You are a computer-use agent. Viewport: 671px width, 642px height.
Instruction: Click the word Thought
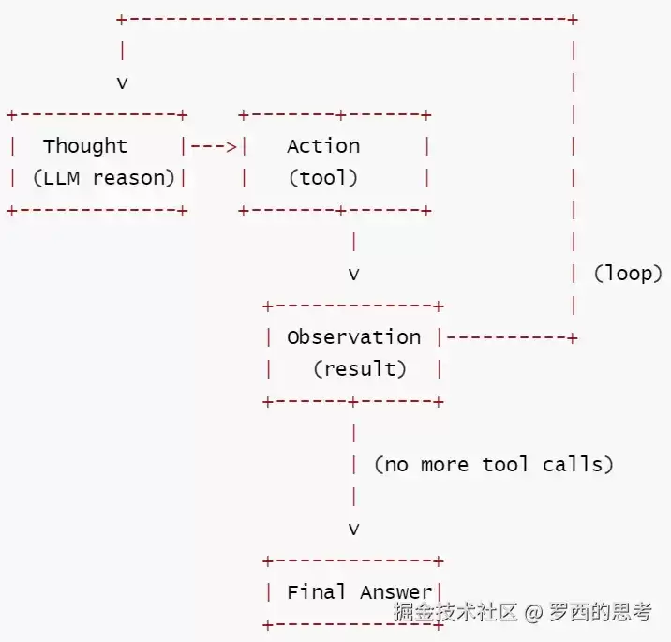[85, 146]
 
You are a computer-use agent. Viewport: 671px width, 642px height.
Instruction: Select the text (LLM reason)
[104, 178]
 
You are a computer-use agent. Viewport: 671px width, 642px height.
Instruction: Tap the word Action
[323, 146]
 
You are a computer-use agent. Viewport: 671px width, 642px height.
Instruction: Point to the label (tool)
[323, 178]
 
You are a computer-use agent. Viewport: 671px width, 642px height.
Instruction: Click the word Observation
[354, 337]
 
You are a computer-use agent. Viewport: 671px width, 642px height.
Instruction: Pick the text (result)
[360, 369]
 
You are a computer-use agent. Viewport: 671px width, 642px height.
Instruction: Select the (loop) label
[628, 274]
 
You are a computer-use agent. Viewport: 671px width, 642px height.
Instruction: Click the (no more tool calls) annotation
[494, 465]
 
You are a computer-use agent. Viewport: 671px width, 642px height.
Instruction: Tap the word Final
[316, 592]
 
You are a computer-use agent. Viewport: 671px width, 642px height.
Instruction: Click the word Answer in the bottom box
[396, 592]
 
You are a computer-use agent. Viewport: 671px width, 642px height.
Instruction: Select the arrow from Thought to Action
[214, 147]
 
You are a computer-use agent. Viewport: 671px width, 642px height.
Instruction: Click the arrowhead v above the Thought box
[123, 83]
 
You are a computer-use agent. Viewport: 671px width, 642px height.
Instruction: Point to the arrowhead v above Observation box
[354, 275]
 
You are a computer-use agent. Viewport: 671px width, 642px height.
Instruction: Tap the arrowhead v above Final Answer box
[354, 530]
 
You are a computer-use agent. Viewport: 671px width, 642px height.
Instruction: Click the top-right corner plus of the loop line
[573, 20]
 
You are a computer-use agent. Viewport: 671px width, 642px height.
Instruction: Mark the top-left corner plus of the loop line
[122, 20]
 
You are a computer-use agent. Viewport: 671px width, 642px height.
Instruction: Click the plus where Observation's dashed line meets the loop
[573, 338]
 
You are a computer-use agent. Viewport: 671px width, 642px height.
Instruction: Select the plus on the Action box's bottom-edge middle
[341, 211]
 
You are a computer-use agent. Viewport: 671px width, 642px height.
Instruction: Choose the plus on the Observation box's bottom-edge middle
[353, 402]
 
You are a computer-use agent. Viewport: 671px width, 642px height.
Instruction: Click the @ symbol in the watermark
[533, 613]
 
